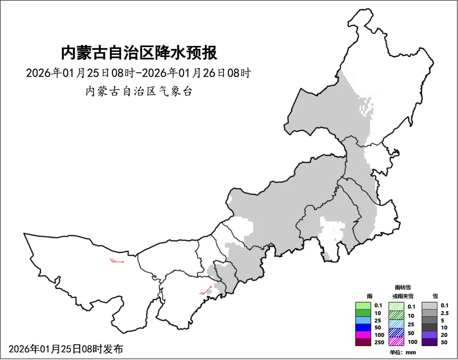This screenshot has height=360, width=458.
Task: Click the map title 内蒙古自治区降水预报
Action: click(139, 53)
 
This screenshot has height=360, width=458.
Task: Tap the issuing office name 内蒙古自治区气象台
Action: click(139, 92)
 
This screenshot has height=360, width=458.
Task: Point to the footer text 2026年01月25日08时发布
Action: click(66, 349)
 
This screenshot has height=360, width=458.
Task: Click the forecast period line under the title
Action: click(139, 73)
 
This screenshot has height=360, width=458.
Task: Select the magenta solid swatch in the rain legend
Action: click(363, 335)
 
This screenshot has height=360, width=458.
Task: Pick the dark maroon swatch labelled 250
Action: click(363, 342)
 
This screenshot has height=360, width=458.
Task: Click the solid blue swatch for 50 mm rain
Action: click(363, 327)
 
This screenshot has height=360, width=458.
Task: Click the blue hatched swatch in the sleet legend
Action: click(396, 332)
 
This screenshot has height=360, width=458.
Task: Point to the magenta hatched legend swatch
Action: click(396, 341)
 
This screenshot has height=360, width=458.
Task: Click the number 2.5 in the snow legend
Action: click(444, 313)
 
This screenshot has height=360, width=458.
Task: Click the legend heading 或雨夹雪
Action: click(402, 296)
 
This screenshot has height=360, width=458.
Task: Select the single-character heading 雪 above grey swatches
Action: click(435, 296)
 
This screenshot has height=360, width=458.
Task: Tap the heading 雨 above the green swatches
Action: click(370, 296)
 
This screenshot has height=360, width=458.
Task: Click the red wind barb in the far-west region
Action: click(117, 261)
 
